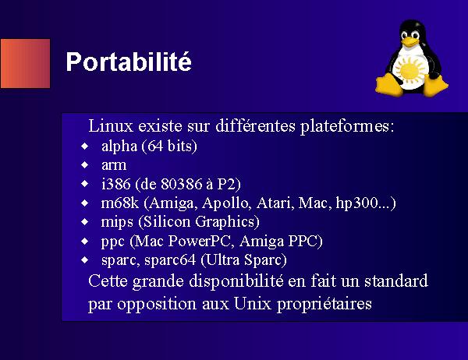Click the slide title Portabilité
click(x=129, y=62)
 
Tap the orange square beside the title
click(x=26, y=64)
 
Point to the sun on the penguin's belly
click(x=409, y=70)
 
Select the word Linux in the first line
click(x=111, y=126)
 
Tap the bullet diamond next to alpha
click(x=85, y=146)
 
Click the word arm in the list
click(x=114, y=165)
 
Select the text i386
click(x=115, y=184)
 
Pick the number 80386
click(x=182, y=184)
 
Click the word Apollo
click(x=225, y=203)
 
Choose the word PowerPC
click(x=200, y=241)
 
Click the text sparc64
click(x=170, y=260)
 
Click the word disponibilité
click(x=236, y=282)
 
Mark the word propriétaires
click(x=324, y=305)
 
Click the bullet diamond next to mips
click(x=85, y=222)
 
